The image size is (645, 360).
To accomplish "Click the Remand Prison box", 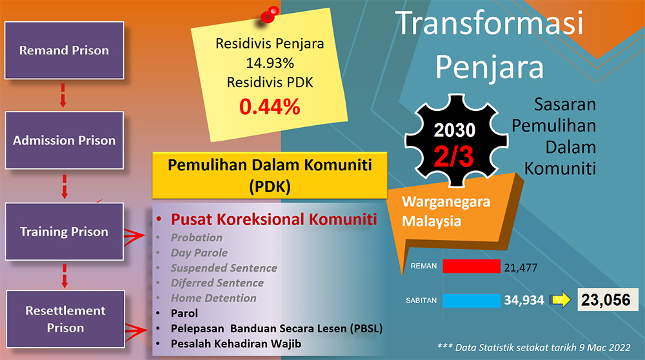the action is [x=64, y=50].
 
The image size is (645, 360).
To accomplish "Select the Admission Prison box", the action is [x=64, y=140].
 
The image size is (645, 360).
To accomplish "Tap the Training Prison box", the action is [x=64, y=232].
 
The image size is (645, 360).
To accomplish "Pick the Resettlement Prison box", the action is [x=65, y=319].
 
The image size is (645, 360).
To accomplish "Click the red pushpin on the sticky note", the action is [x=270, y=15].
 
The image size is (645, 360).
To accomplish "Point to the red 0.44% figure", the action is [x=270, y=107].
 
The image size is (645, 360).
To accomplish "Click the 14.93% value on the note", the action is [x=270, y=63].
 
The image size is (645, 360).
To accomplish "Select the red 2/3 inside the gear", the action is [x=453, y=157].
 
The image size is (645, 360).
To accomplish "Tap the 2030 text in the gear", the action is [x=455, y=130].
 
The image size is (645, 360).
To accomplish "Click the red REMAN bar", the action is [x=471, y=266].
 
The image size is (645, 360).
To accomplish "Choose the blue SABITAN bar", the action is [x=471, y=301].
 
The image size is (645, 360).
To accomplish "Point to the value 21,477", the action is [x=521, y=268].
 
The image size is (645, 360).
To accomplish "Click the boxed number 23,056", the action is [x=608, y=300].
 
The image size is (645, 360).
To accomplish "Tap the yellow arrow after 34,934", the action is [x=560, y=299].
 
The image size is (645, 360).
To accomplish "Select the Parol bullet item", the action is [x=184, y=314].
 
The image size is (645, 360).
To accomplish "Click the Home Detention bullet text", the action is [x=213, y=298].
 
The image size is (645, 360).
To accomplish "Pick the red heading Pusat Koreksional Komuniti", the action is [x=274, y=219].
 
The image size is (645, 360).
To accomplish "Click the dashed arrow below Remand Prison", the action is [x=63, y=95].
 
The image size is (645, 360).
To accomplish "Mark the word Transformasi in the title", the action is [x=490, y=23].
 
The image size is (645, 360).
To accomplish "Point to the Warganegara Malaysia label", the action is [x=446, y=212].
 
